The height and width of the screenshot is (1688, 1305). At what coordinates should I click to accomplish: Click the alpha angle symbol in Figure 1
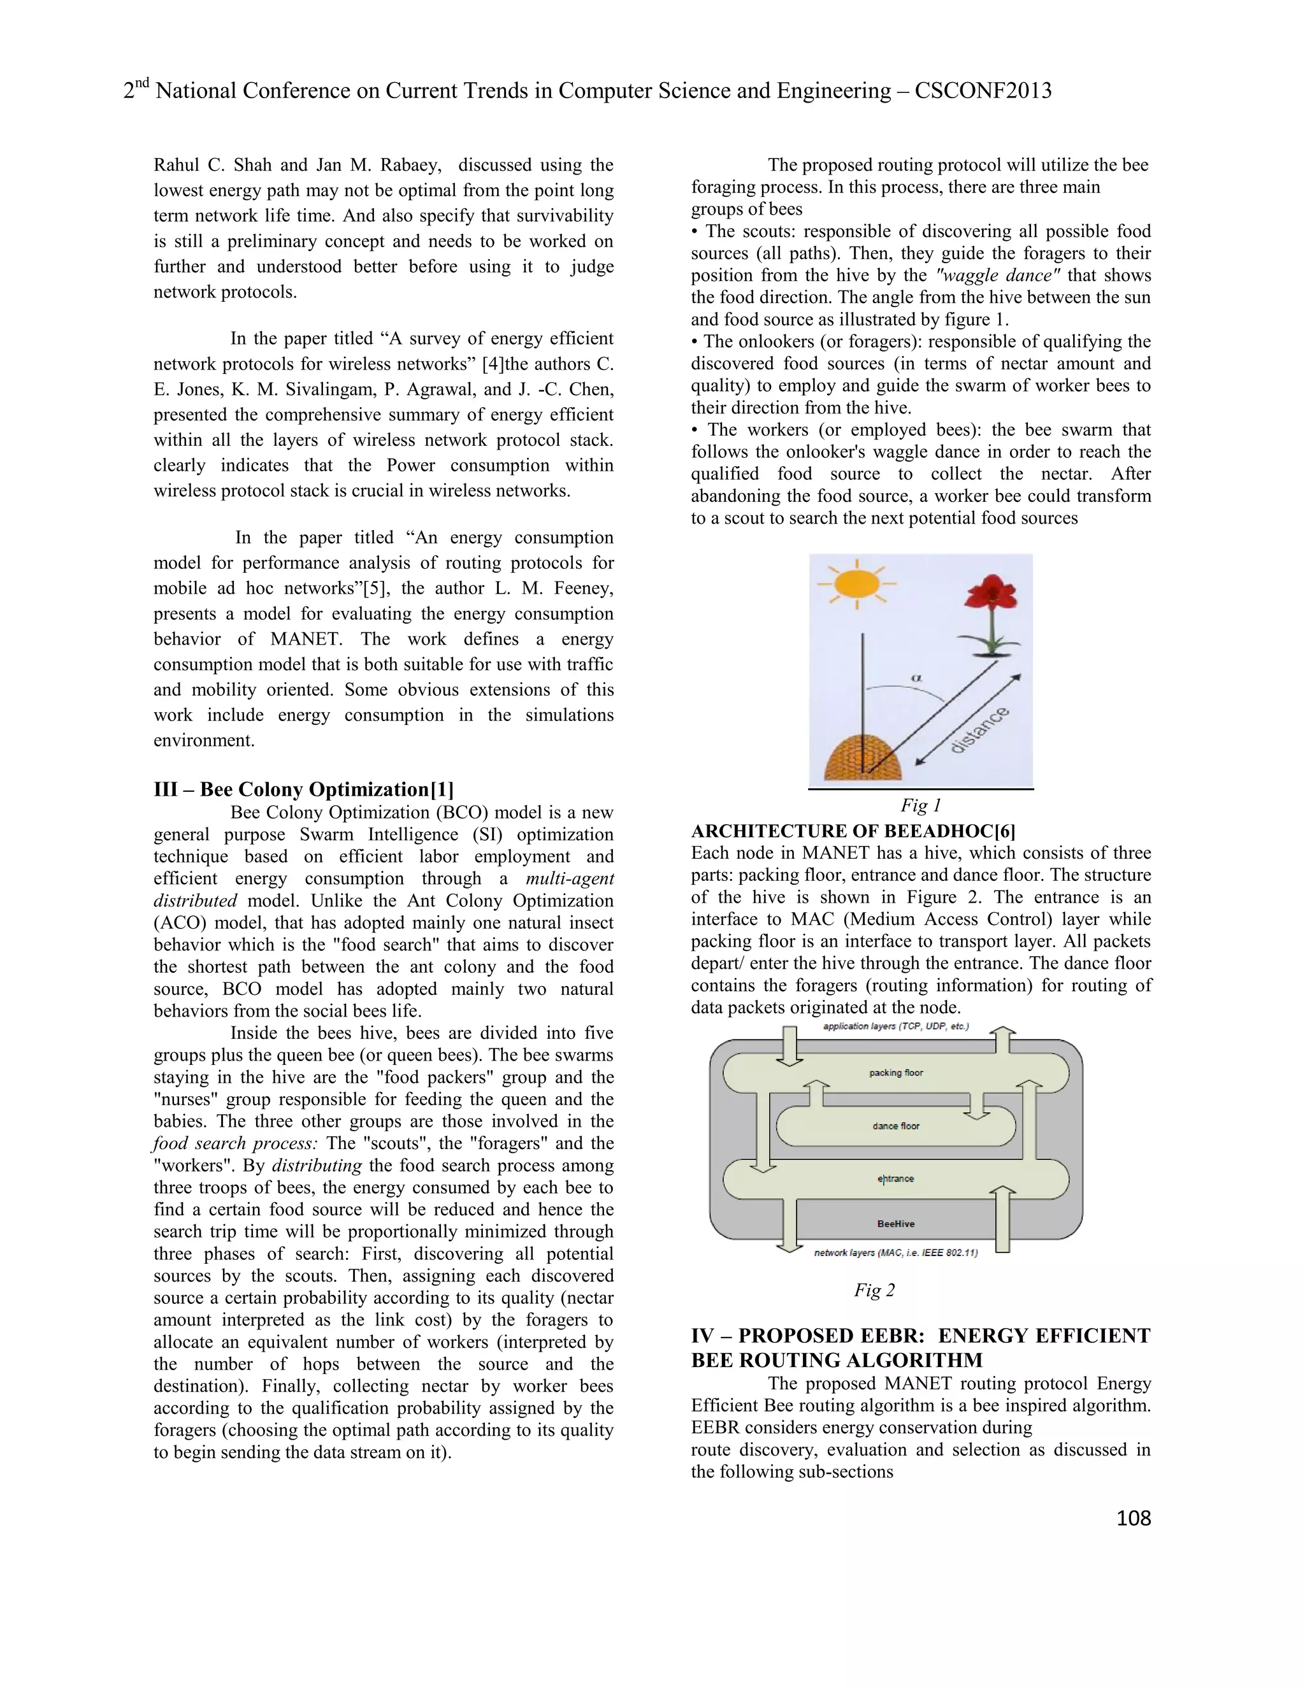pyautogui.click(x=917, y=678)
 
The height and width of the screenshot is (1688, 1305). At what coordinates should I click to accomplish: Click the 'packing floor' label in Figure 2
pyautogui.click(x=896, y=1073)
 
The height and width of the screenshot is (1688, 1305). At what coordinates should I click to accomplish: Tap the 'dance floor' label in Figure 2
pyautogui.click(x=896, y=1126)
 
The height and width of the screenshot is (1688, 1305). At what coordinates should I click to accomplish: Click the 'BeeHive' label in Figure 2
pyautogui.click(x=896, y=1224)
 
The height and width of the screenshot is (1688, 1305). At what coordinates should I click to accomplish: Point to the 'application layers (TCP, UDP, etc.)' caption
pyautogui.click(x=895, y=1026)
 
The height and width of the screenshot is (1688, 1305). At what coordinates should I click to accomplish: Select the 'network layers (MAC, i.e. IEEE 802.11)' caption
pyautogui.click(x=896, y=1253)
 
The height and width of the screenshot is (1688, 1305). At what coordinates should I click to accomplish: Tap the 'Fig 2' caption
pyautogui.click(x=874, y=1290)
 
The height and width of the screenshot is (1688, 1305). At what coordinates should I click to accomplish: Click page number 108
pyautogui.click(x=1134, y=1518)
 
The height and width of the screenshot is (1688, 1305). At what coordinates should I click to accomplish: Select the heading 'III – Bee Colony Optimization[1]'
pyautogui.click(x=304, y=789)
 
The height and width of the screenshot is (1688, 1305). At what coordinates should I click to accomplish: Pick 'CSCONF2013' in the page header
pyautogui.click(x=983, y=91)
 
